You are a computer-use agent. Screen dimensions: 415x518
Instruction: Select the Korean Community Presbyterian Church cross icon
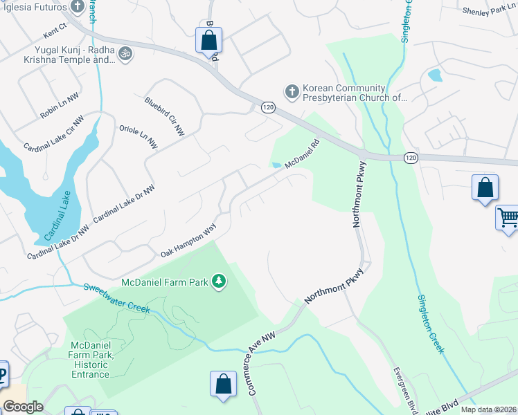292,91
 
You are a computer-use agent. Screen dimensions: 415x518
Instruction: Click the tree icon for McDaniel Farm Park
219,282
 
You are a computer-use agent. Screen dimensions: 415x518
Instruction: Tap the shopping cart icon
508,218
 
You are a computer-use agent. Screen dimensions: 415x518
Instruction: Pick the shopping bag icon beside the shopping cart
485,187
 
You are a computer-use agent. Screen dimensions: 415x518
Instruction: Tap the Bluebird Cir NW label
165,116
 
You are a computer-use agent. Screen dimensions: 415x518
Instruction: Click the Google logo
24,407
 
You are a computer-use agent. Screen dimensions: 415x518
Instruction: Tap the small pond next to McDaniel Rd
277,165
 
